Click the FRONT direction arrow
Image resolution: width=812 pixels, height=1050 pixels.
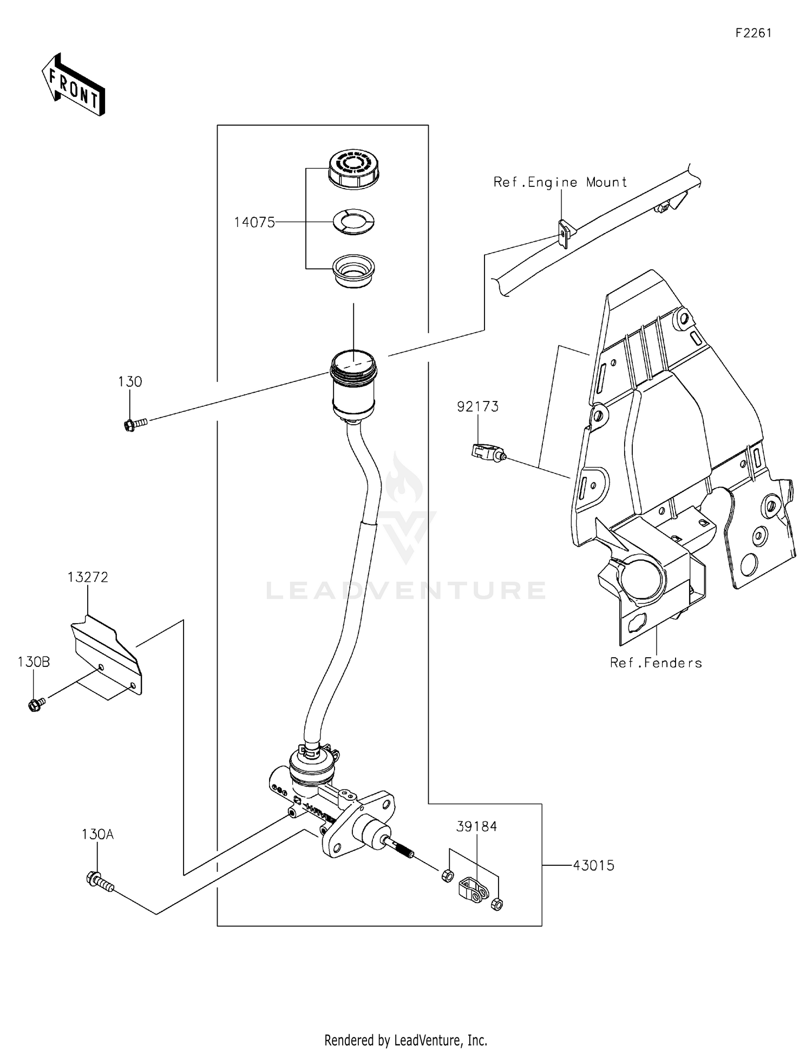pyautogui.click(x=73, y=85)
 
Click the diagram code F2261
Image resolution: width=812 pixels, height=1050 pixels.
pyautogui.click(x=753, y=33)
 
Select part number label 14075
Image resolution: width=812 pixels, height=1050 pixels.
pyautogui.click(x=254, y=222)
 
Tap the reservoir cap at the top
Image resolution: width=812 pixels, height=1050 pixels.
pyautogui.click(x=354, y=169)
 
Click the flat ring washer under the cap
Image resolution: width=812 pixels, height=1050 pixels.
pyautogui.click(x=353, y=221)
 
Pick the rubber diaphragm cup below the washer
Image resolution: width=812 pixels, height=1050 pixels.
pyautogui.click(x=353, y=271)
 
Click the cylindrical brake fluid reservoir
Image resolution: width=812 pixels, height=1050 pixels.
pyautogui.click(x=353, y=386)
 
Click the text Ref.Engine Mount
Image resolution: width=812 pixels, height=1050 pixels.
pyautogui.click(x=560, y=183)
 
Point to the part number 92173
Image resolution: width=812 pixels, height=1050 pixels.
pyautogui.click(x=477, y=406)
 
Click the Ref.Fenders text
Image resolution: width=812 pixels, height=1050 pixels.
pyautogui.click(x=656, y=663)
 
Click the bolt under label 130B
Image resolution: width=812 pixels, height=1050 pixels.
pyautogui.click(x=36, y=705)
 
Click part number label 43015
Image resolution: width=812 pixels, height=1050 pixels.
pyautogui.click(x=594, y=865)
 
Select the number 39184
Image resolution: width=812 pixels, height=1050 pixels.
pyautogui.click(x=476, y=826)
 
